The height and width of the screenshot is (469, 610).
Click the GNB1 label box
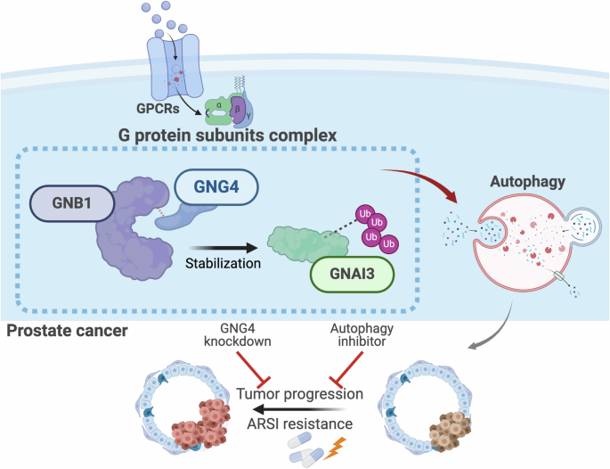pos(72,204)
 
